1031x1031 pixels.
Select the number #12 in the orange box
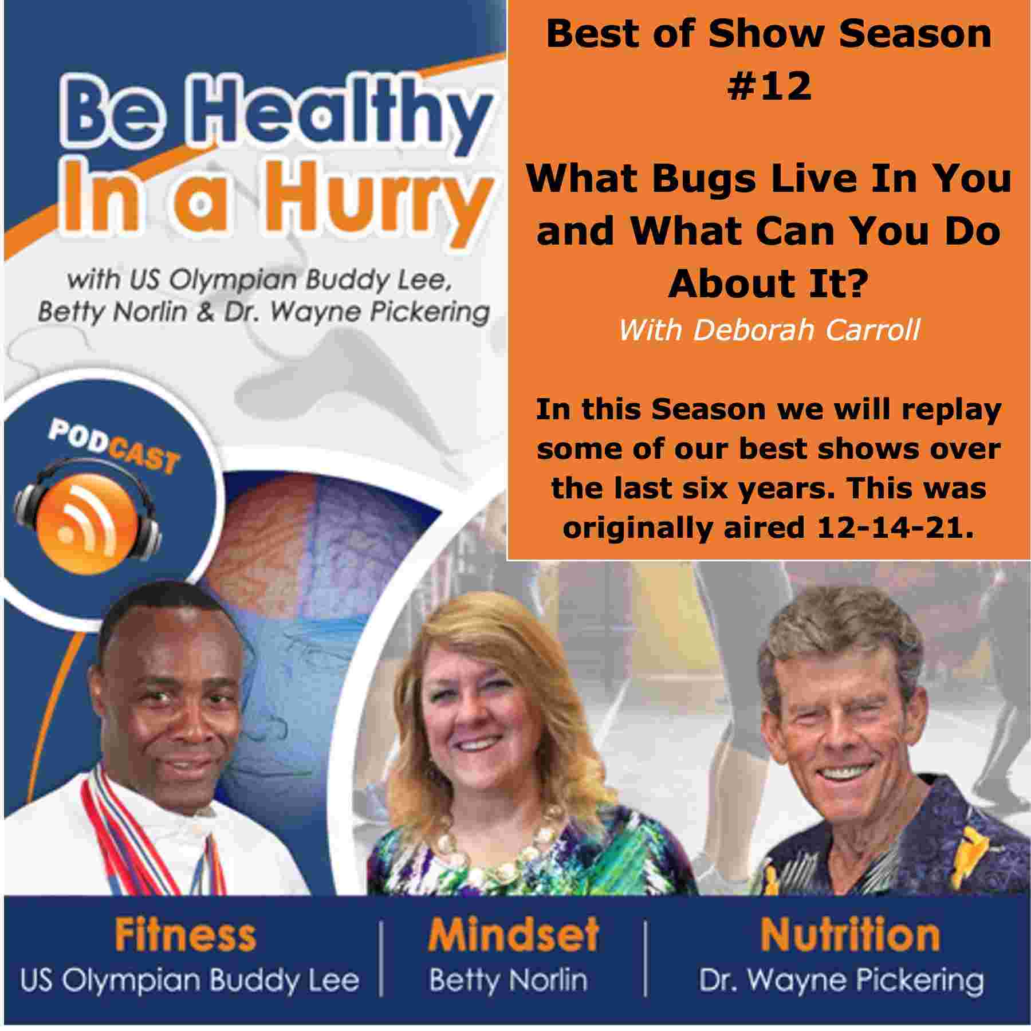[769, 86]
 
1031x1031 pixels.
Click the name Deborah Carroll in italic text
[806, 330]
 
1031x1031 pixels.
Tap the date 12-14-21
[895, 527]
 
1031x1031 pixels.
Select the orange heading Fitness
[186, 935]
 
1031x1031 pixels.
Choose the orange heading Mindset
[513, 935]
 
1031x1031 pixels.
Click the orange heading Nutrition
[850, 935]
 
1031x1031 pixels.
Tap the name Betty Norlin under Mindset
[509, 981]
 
